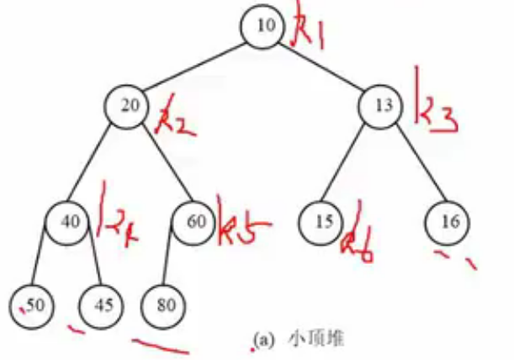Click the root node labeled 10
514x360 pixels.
[x=265, y=26]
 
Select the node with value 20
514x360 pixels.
[x=128, y=106]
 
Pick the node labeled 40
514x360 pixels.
[x=70, y=222]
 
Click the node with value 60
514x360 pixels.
[x=193, y=222]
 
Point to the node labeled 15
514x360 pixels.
[x=321, y=222]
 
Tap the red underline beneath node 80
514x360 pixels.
[x=161, y=343]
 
